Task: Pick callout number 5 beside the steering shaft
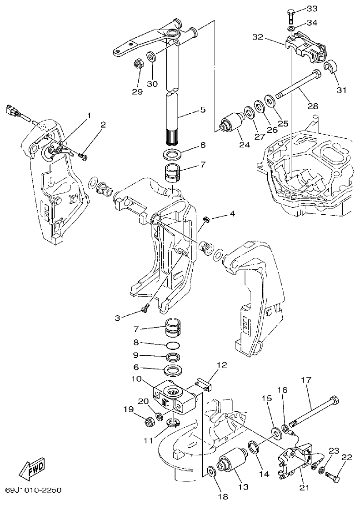[202, 110]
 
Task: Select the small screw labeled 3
[144, 310]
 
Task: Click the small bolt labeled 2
[83, 157]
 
